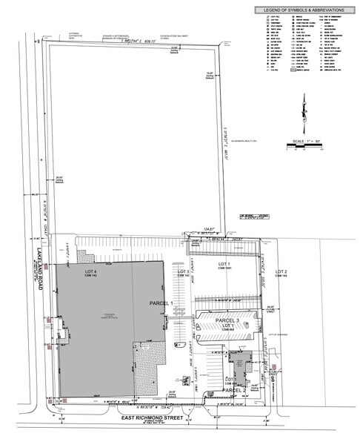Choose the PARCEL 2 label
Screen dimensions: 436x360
233,390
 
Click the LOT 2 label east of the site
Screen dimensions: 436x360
281,273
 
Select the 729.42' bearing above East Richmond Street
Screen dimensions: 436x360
155,406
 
